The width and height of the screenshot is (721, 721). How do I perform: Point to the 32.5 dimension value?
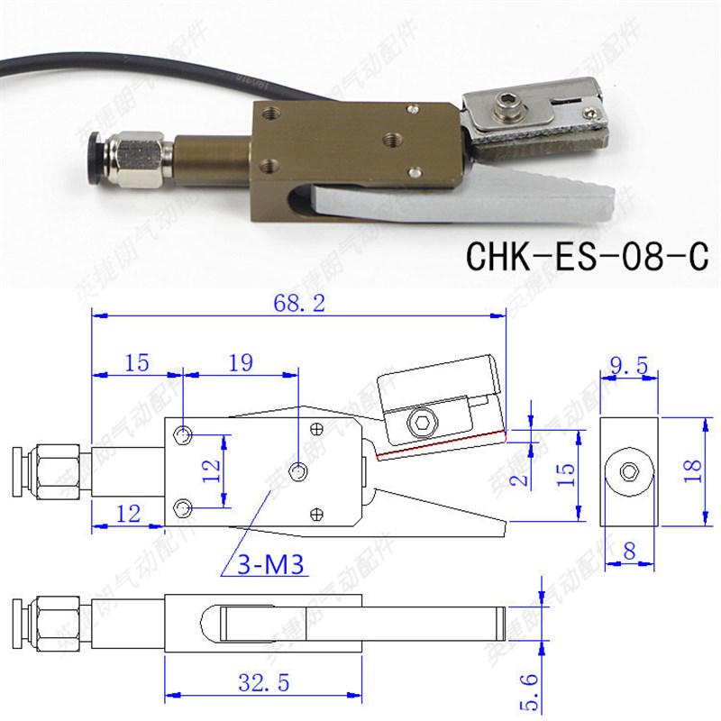[x=262, y=684]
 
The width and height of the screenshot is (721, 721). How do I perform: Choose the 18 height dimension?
[x=692, y=469]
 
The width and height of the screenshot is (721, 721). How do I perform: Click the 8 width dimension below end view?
[x=629, y=548]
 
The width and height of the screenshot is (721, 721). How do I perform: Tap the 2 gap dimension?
[x=516, y=478]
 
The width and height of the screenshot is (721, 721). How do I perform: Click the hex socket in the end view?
[x=630, y=470]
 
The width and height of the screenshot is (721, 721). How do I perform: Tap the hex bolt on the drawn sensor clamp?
[x=424, y=422]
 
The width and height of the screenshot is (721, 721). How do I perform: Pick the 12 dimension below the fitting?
[x=129, y=514]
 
